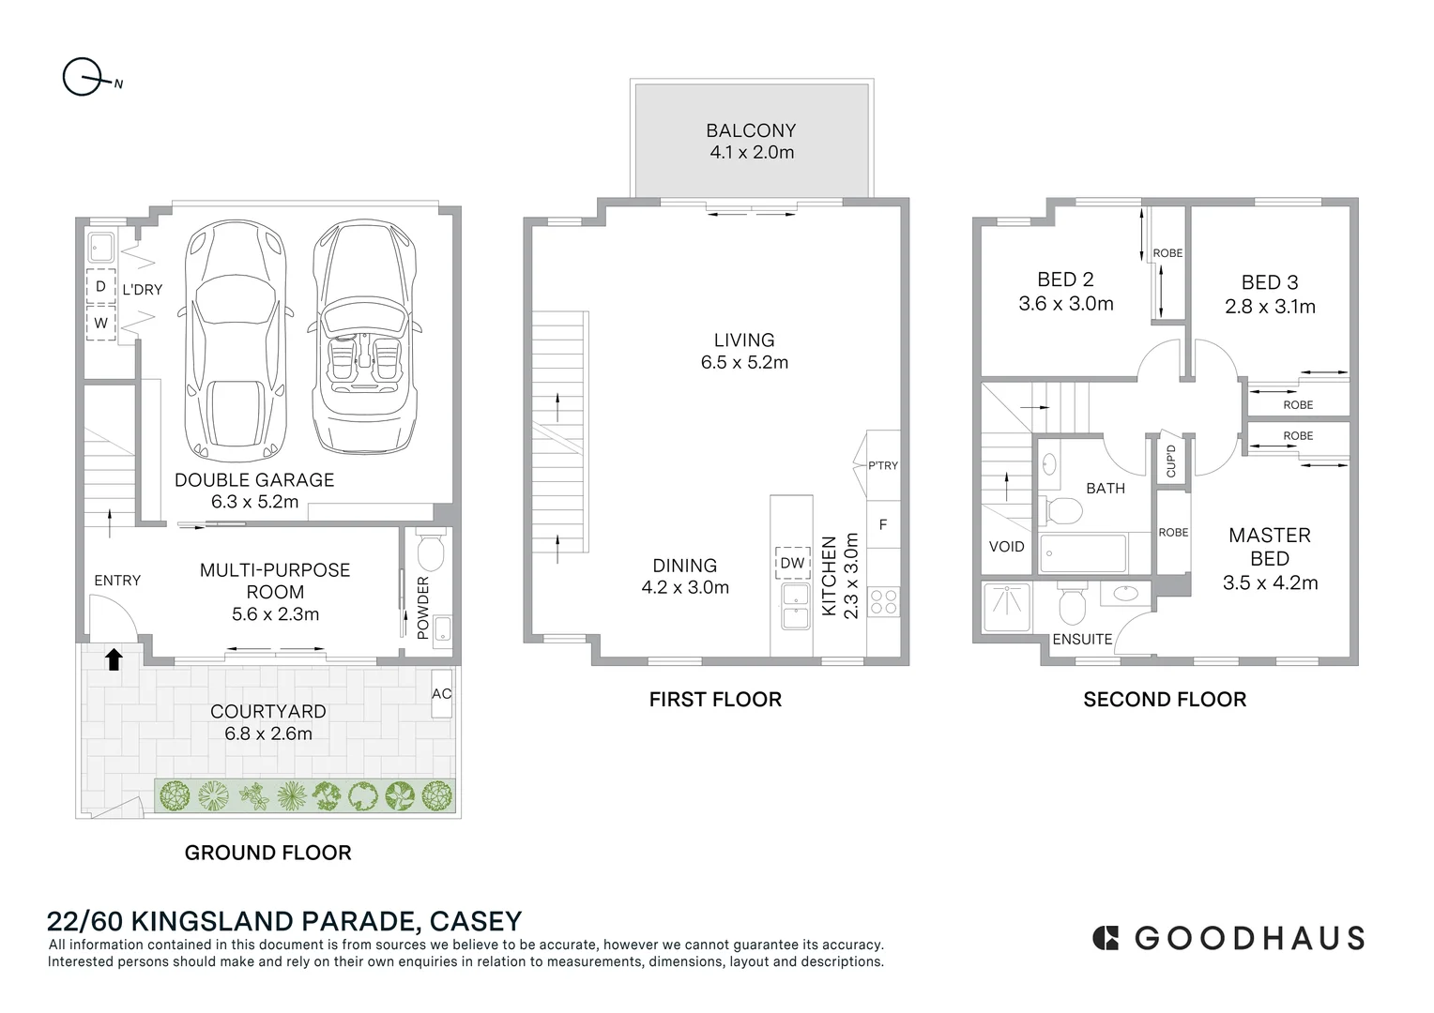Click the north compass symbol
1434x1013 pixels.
coord(83,77)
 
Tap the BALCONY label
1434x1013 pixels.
coord(751,130)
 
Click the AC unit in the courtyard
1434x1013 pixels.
coord(442,693)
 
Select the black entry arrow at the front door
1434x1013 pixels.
coord(113,659)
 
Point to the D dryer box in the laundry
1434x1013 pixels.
coord(100,287)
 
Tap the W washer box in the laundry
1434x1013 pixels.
coord(100,323)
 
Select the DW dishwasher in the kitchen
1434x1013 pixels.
coord(792,563)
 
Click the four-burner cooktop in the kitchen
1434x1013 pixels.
coord(883,601)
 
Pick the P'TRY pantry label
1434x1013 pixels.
coord(883,465)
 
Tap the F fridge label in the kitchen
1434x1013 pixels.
coord(883,525)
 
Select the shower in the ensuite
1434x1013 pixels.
coord(1006,607)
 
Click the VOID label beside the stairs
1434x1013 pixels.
coord(1006,546)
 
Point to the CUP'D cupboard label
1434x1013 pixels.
coord(1170,461)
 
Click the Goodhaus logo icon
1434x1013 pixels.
coord(1106,938)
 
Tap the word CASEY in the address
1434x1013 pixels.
coord(475,921)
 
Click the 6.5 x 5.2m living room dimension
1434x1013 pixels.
coord(744,362)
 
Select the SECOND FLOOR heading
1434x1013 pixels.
coord(1165,699)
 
